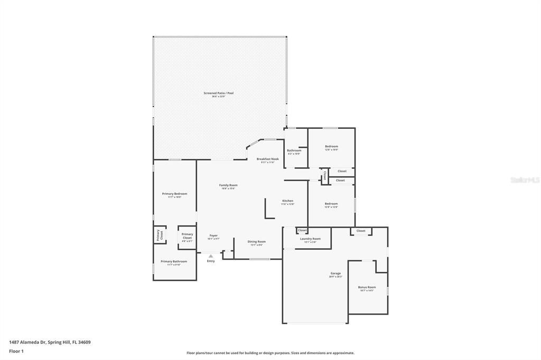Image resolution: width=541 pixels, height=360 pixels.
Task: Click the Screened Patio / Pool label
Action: pos(219,93)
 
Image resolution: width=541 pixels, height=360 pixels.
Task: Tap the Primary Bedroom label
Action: pos(174,194)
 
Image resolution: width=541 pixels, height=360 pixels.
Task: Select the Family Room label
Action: pos(228,185)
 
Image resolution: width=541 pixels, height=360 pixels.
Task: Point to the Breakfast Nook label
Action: pos(267,159)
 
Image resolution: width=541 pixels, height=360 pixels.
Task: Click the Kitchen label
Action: pos(287,201)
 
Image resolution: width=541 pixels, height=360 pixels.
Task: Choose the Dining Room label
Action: pos(257,242)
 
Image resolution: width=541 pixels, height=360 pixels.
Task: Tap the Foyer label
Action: pos(213,236)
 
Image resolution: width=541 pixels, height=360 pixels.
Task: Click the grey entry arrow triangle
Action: pos(211,256)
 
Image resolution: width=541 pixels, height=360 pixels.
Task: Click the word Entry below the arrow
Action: pos(211,261)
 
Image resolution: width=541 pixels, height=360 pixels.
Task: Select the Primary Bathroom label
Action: pos(174,262)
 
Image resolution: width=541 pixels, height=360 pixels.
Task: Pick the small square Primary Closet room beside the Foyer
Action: pos(187,236)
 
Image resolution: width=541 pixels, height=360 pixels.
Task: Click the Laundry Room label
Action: pos(310,239)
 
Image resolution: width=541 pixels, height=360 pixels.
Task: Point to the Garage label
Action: pos(335,273)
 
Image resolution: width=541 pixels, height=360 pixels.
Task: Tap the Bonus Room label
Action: pos(367,287)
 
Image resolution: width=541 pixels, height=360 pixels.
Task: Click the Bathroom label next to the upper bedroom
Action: pos(294,150)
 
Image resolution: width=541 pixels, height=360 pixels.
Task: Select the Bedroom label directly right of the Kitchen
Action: pos(331,204)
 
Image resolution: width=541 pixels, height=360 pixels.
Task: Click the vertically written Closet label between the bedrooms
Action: pos(324,175)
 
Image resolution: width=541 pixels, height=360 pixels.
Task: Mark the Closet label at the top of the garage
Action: pos(361,231)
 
